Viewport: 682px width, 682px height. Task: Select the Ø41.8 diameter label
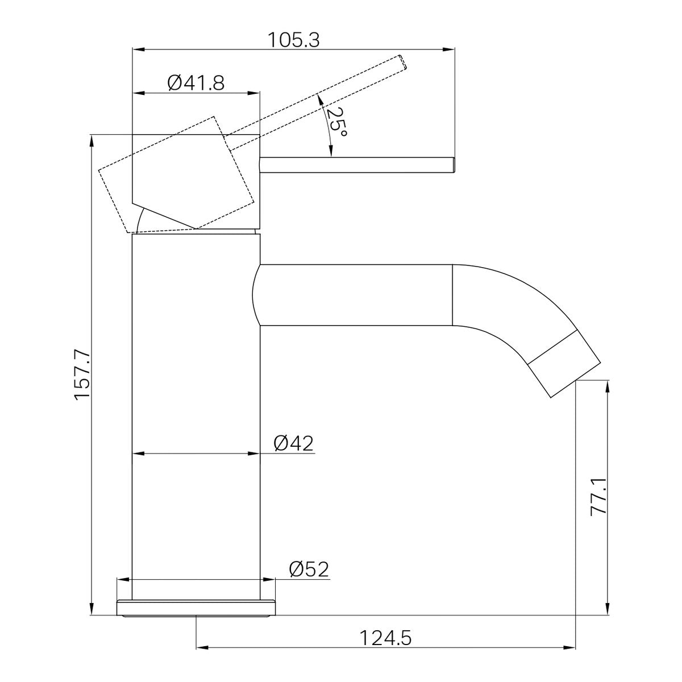pyautogui.click(x=196, y=83)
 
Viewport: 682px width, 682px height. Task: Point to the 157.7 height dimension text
pyautogui.click(x=82, y=376)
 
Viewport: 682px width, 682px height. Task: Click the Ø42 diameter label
pyautogui.click(x=294, y=443)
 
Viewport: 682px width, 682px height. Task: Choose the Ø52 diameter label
pyautogui.click(x=309, y=569)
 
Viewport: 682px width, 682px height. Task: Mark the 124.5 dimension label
pyautogui.click(x=385, y=639)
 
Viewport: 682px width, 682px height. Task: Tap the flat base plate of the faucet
pyautogui.click(x=196, y=608)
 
